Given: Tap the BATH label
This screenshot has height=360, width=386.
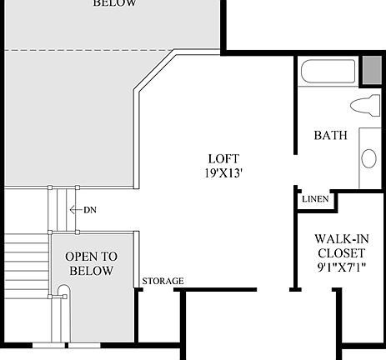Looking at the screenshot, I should [x=330, y=135].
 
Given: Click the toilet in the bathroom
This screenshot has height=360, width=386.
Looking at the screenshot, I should [x=365, y=106].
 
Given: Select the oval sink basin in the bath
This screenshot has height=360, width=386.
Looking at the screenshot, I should [x=368, y=157].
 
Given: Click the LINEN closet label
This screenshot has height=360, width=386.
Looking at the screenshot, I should [x=314, y=199].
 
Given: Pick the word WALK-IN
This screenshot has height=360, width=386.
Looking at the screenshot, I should [x=340, y=238].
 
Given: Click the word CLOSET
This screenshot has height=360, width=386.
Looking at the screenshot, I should [x=340, y=252].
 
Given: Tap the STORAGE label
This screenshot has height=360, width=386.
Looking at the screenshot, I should [x=163, y=282].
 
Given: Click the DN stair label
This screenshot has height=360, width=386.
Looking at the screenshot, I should [x=89, y=210].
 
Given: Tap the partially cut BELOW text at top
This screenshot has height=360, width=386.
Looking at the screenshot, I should [x=114, y=4].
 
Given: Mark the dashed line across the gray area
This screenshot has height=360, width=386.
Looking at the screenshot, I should [x=83, y=51].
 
